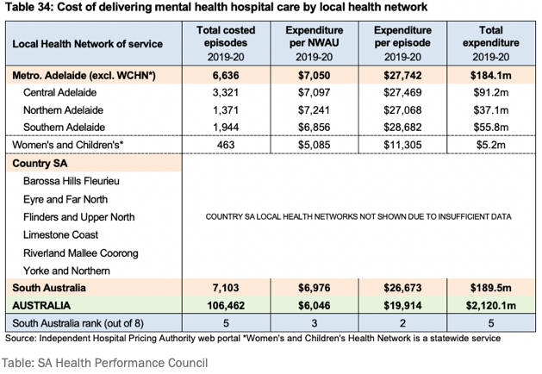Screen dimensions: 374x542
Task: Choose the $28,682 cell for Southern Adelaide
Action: pyautogui.click(x=402, y=127)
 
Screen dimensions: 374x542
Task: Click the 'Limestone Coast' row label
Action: pyautogui.click(x=61, y=234)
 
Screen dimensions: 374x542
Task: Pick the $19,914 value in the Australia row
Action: pyautogui.click(x=402, y=305)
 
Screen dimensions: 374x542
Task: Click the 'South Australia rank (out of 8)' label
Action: pyautogui.click(x=83, y=323)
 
